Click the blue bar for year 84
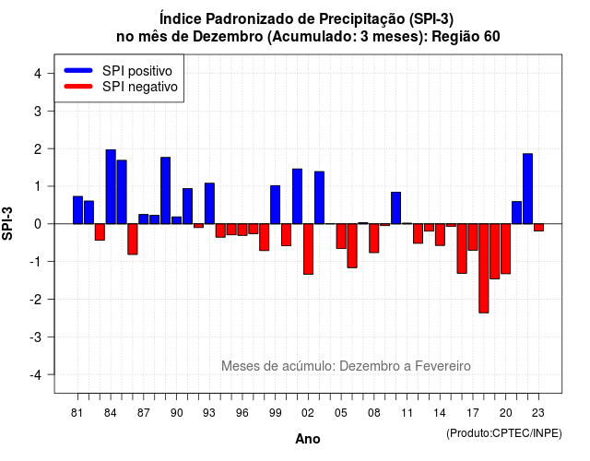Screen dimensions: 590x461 tap(111, 186)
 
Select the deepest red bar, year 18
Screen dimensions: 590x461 tap(484, 268)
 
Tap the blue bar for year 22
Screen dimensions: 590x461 tap(528, 188)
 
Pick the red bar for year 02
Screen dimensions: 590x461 tap(308, 249)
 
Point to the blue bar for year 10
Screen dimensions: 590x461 tap(395, 208)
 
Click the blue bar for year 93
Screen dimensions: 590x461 tap(209, 204)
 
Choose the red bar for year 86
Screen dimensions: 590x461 tap(133, 240)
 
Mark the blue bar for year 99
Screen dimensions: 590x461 tap(275, 205)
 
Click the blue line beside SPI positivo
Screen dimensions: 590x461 tap(78, 70)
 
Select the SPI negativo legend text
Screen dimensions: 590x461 tap(139, 87)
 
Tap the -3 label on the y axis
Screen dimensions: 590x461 tap(35, 337)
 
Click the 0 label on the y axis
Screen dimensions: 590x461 tap(38, 224)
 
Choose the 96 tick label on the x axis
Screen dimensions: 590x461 tap(242, 413)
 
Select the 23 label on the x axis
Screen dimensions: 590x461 tap(538, 413)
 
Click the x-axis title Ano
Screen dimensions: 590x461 tap(308, 439)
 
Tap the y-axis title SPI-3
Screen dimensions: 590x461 tap(7, 223)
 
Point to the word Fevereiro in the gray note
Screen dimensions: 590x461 tap(442, 366)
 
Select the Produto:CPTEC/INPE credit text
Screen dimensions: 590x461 tap(504, 433)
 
